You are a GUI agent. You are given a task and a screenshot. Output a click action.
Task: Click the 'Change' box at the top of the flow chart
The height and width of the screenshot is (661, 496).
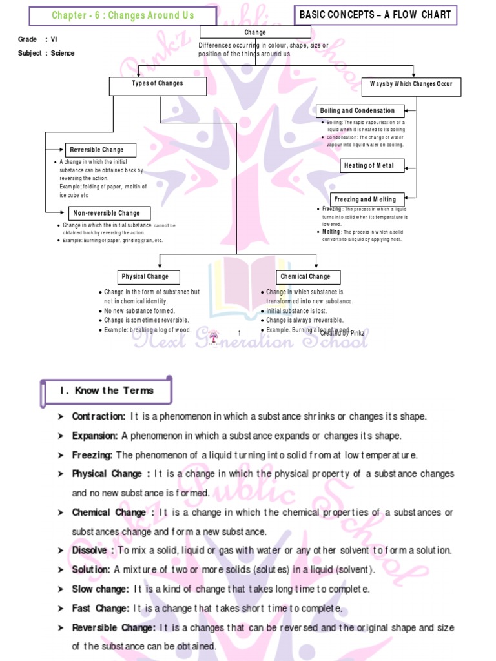coord(255,32)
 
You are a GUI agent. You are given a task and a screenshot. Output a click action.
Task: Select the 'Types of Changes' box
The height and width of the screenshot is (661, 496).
coord(158,84)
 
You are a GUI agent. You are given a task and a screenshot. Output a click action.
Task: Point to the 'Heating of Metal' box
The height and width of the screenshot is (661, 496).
coord(367,166)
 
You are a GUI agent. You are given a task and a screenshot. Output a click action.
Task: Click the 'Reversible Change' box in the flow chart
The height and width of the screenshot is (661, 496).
coord(100,150)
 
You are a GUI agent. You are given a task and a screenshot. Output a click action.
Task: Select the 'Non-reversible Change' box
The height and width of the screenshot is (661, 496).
coord(110,213)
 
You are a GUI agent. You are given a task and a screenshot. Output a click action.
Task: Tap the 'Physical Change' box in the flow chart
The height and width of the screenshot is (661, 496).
coord(145,276)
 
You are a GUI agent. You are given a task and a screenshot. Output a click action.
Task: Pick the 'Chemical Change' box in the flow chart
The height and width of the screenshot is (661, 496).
coord(305,276)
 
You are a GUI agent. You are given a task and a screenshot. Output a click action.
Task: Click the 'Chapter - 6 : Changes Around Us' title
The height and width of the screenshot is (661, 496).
coord(123,15)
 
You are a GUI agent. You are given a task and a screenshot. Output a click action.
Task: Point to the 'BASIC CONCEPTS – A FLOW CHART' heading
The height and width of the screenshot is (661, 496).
coord(375,15)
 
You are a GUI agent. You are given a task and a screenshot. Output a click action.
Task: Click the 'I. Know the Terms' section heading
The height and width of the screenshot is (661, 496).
coord(107,391)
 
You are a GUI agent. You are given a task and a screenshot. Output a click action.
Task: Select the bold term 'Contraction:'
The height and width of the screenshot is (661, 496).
coord(98,416)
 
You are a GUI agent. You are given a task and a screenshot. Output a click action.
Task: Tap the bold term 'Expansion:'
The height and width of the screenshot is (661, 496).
coord(95,436)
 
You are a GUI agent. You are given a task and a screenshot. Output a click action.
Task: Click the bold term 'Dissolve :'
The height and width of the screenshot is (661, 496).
coord(94,551)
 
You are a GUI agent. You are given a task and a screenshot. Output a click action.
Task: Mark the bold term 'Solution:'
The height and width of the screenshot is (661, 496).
coord(91,570)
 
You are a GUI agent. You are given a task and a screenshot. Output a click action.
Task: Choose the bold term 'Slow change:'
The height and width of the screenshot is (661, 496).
coord(101,589)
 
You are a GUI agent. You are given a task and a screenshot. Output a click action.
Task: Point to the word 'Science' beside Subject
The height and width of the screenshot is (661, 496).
coord(63,53)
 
